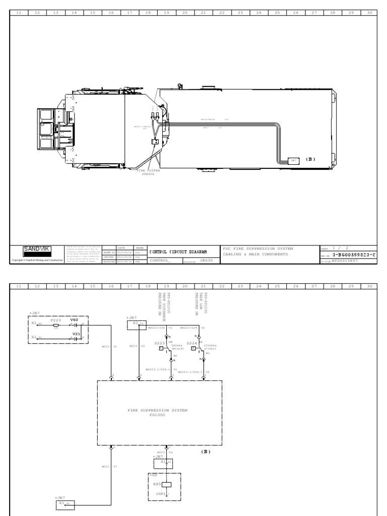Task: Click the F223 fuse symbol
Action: [56, 326]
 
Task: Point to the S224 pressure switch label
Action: [191, 343]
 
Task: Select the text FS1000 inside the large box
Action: [157, 415]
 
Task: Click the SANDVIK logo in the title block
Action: [36, 248]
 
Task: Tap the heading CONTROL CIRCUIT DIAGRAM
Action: [178, 251]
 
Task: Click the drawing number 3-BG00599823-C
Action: [354, 255]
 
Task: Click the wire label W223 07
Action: [109, 467]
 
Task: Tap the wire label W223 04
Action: [165, 452]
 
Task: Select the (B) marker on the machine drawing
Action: [310, 159]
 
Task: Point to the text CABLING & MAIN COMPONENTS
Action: [255, 255]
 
